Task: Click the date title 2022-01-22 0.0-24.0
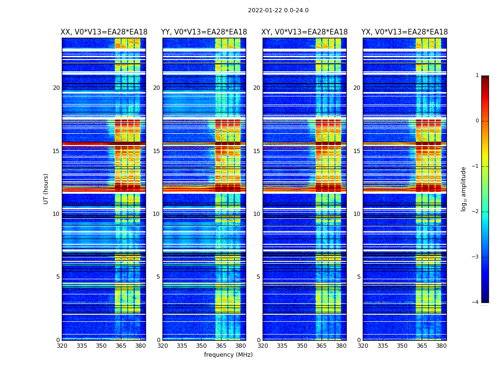[x=278, y=10]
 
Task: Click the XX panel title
[x=104, y=32]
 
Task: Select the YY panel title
[x=204, y=32]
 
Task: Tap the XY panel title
[x=305, y=32]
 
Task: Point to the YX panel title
[x=405, y=32]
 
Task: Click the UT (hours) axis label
[x=46, y=189]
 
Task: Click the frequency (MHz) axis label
[x=228, y=355]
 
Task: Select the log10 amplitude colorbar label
[x=464, y=189]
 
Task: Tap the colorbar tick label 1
[x=477, y=76]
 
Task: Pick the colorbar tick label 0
[x=477, y=121]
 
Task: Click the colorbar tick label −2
[x=476, y=212]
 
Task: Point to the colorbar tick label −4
[x=476, y=302]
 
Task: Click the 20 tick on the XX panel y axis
[x=56, y=88]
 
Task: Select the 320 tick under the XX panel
[x=62, y=346]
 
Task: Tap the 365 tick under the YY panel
[x=221, y=346]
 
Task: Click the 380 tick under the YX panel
[x=441, y=346]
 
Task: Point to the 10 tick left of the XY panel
[x=257, y=214]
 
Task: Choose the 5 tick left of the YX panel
[x=359, y=277]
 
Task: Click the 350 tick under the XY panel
[x=302, y=346]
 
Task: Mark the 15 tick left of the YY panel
[x=156, y=151]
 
